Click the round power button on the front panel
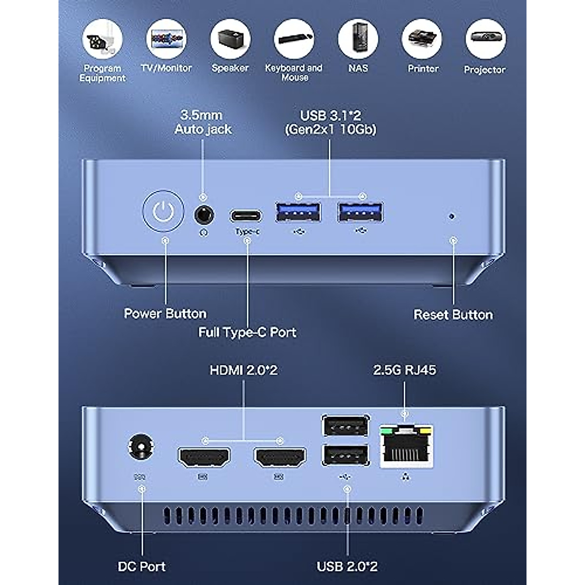point(163,212)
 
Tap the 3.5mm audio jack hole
point(204,214)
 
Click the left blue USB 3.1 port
point(298,213)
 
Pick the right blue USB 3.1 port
point(361,213)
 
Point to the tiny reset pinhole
point(452,215)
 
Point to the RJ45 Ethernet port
point(406,447)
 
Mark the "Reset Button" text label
point(453,315)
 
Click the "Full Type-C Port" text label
point(247,332)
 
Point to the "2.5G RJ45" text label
point(404,370)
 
